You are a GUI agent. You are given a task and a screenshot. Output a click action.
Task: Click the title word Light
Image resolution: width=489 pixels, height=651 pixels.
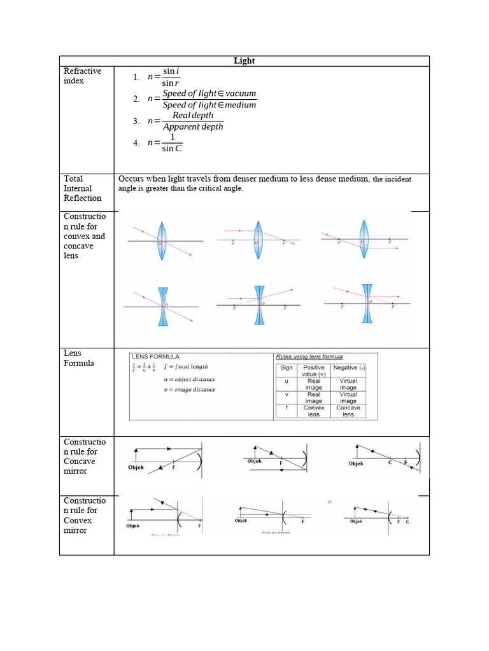(x=244, y=60)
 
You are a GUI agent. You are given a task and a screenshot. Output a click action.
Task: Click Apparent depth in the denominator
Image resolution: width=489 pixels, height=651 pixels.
(x=193, y=127)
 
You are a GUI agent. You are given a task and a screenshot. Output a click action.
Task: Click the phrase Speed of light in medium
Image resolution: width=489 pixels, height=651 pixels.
(x=209, y=105)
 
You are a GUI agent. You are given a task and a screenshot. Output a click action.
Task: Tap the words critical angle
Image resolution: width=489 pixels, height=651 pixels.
(x=220, y=189)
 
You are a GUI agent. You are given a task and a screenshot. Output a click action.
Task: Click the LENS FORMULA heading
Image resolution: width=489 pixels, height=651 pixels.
(x=155, y=357)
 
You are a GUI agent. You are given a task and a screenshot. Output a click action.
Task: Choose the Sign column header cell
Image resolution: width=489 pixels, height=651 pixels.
(x=287, y=367)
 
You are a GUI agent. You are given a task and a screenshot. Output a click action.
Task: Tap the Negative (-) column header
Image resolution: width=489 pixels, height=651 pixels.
(x=348, y=367)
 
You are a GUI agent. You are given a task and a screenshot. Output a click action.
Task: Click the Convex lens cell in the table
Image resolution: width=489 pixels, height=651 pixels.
(x=314, y=411)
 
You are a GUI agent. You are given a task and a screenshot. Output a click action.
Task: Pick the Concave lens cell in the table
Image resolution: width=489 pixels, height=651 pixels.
(x=348, y=411)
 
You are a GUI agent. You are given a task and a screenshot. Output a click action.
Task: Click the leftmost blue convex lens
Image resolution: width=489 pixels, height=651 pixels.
(x=162, y=241)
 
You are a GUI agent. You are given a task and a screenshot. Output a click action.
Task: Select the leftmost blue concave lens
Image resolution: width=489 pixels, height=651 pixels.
(x=163, y=306)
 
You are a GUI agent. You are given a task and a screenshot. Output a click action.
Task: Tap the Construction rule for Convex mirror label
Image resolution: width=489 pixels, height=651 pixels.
(x=80, y=515)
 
